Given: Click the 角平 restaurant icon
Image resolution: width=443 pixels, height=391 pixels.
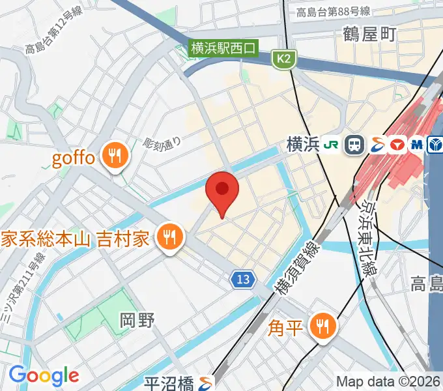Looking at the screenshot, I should coord(322,325).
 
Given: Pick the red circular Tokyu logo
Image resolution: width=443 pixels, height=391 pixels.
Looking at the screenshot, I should coord(396,145).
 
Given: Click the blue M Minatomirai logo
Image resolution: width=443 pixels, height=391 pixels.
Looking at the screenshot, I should coord(415,145).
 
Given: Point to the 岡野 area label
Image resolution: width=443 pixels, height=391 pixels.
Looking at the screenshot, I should coord(137,321).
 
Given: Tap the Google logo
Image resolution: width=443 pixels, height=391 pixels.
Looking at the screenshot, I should coord(44,375).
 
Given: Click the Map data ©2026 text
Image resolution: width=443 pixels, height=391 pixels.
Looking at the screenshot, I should coord(388,381).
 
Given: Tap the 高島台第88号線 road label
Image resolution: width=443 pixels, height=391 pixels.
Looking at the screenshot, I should coord(333,11).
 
